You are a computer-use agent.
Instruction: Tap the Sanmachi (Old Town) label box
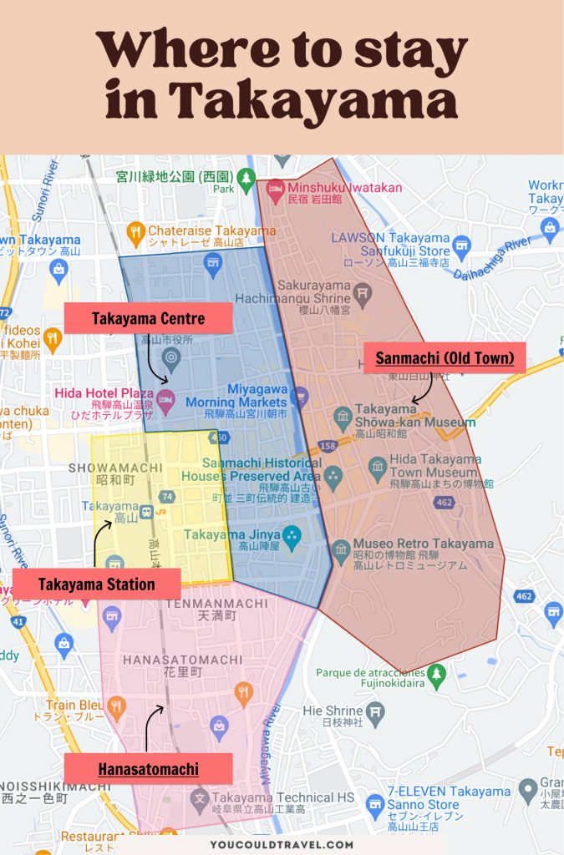444,359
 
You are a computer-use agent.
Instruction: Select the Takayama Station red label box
96,584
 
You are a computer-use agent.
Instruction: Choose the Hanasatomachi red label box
148,768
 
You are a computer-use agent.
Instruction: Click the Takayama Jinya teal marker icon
291,534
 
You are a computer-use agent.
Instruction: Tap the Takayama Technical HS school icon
201,799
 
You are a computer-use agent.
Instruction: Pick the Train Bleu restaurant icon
115,707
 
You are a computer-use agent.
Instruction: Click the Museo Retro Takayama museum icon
340,549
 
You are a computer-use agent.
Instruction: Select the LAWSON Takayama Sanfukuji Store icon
462,246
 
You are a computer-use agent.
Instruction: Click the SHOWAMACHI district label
103,467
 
